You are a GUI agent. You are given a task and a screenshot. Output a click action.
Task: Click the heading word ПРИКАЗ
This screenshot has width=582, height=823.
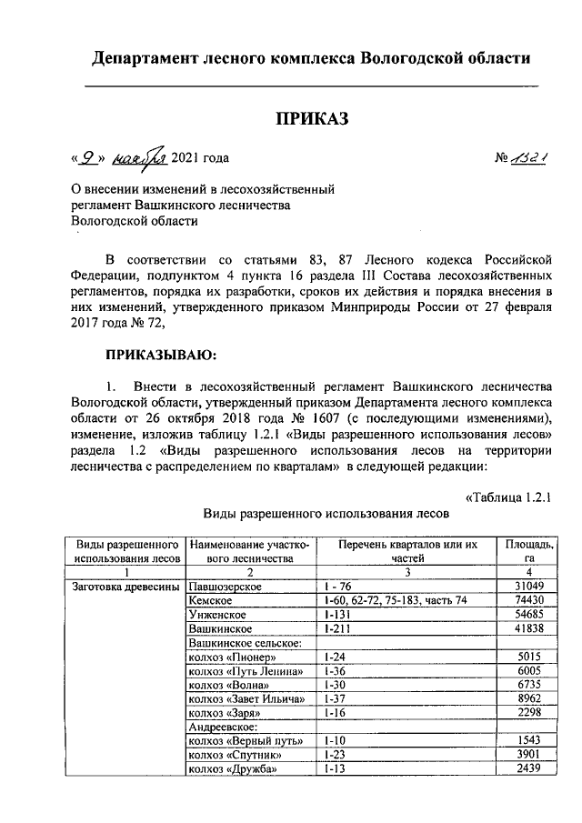click(312, 119)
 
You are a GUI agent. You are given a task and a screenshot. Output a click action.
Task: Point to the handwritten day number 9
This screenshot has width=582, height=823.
click(87, 156)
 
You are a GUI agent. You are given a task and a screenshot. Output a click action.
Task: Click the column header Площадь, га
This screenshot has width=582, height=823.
click(527, 551)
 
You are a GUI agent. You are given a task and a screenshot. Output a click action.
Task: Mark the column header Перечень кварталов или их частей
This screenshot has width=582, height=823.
click(406, 551)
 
